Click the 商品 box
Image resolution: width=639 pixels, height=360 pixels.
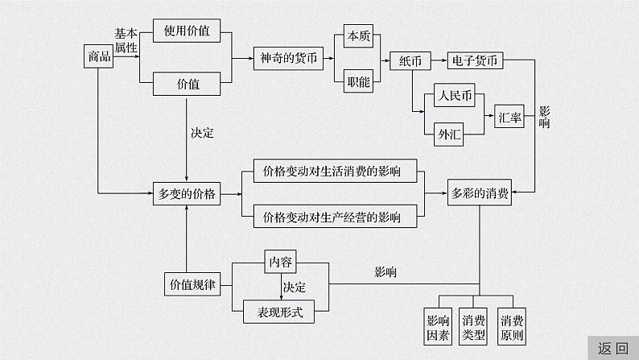pos(97,57)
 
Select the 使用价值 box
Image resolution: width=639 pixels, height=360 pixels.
pos(187,32)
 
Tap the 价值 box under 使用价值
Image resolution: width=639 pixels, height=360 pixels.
pos(187,82)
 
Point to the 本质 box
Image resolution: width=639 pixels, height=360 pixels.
pos(357,35)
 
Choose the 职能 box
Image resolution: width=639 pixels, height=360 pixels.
pos(357,81)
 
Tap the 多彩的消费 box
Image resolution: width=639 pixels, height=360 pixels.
pos(480,193)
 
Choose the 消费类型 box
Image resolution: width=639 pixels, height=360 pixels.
pos(474,329)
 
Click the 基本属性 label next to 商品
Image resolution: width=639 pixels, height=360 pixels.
pos(126,41)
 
